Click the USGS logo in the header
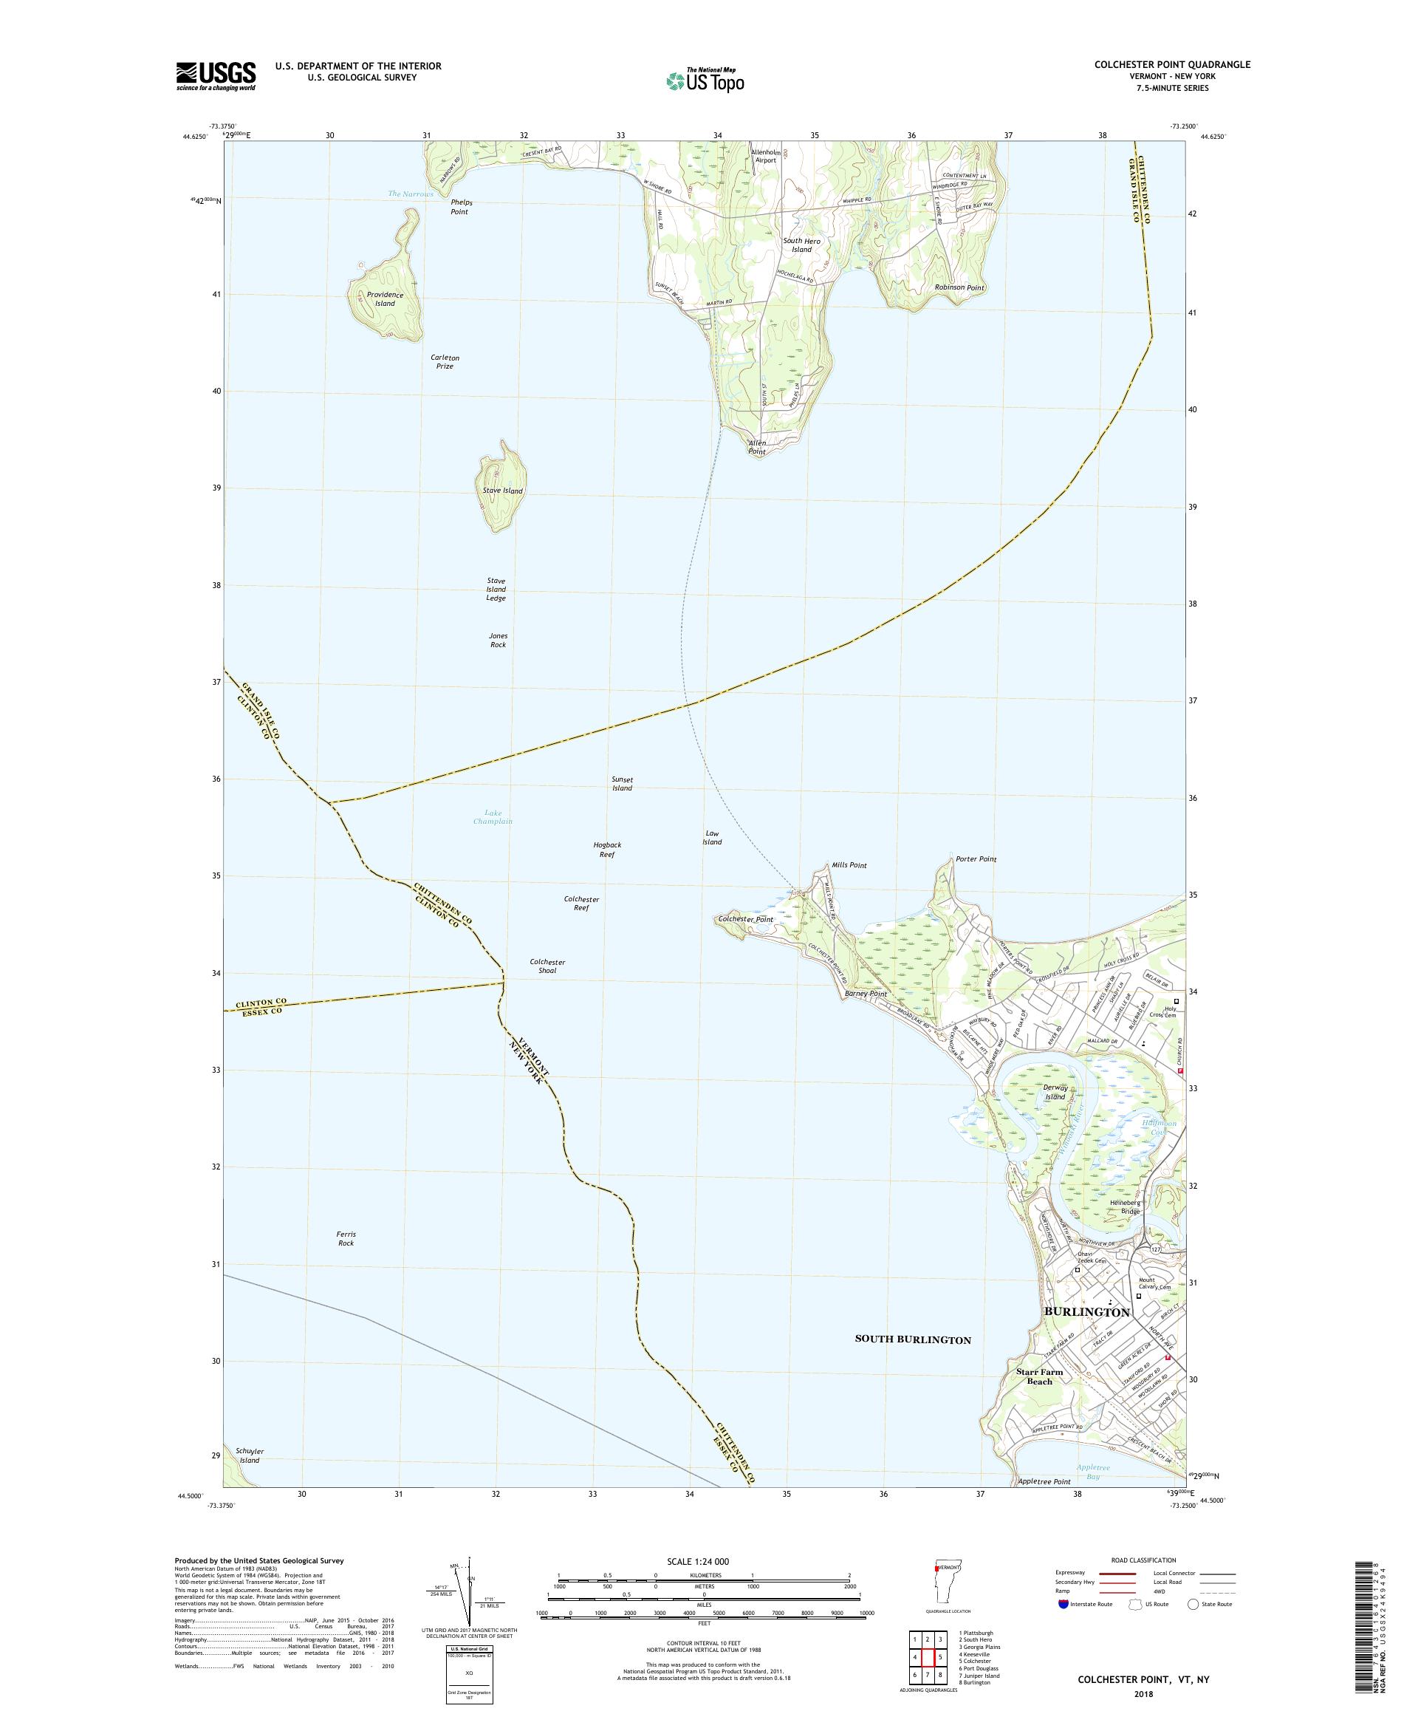(216, 76)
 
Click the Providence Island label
(384, 298)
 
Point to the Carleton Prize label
(445, 361)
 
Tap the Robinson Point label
(959, 288)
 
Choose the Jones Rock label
(498, 640)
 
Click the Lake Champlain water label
(493, 816)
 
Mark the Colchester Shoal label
(547, 966)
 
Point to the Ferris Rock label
(346, 1238)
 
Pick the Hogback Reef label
(607, 850)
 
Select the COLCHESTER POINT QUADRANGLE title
(1171, 64)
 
